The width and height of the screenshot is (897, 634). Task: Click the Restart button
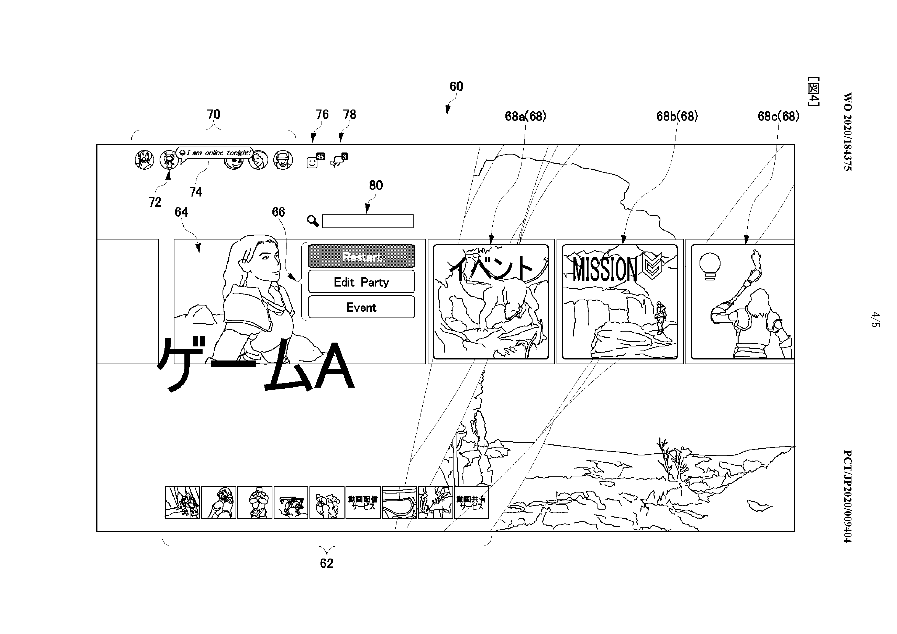pos(361,256)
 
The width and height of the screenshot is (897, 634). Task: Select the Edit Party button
pos(361,282)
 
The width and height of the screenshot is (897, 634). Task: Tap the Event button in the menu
pos(361,307)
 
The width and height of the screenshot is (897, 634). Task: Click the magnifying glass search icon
pos(313,221)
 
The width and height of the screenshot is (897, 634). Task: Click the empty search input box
pos(368,221)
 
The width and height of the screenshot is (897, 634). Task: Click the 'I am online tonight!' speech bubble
pos(215,153)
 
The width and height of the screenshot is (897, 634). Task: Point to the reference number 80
pos(376,185)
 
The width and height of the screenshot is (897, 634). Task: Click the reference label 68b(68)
pos(677,116)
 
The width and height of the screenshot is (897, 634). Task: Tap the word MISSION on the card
pos(604,270)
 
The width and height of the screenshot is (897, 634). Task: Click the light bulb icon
pos(710,266)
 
